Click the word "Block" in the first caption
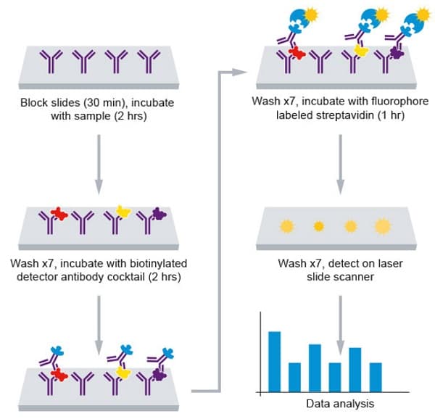point(35,104)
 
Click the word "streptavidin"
point(331,116)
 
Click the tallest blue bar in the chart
point(275,360)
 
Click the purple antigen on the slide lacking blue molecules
point(159,214)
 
